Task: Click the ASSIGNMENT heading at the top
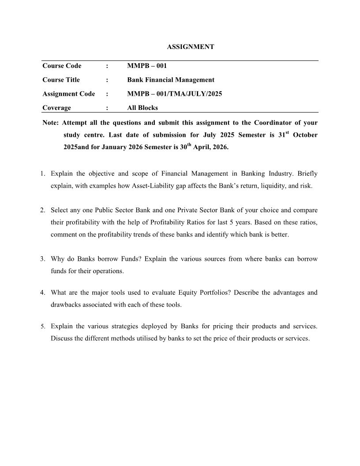pos(191,46)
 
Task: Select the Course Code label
pos(62,66)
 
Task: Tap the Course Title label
pos(61,80)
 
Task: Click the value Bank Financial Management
pos(171,80)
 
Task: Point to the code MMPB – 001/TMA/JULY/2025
pos(174,94)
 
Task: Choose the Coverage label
pos(56,107)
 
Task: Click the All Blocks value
pos(142,107)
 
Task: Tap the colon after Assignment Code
pos(107,94)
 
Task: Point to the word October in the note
pos(305,135)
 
